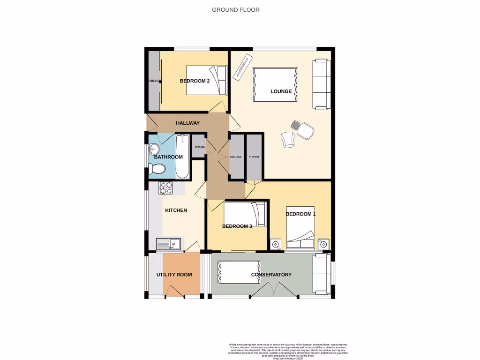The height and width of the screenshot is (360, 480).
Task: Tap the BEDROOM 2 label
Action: (195, 81)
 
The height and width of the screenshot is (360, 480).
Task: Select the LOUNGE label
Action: (281, 91)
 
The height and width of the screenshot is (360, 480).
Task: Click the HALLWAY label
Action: (187, 123)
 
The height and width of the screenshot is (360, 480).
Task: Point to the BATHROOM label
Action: (168, 157)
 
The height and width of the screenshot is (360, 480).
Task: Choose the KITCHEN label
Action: (176, 210)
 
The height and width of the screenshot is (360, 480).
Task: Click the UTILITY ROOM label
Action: (174, 275)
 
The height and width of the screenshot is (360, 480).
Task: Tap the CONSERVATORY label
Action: (271, 275)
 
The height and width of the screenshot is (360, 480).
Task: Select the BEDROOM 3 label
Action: (237, 226)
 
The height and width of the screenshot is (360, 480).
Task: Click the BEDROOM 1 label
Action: (300, 214)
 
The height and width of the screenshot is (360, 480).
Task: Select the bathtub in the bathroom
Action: (182, 156)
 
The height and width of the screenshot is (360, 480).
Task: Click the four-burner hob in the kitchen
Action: (166, 187)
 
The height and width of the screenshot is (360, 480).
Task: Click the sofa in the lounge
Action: (322, 84)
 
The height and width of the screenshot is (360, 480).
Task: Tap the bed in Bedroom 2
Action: (206, 80)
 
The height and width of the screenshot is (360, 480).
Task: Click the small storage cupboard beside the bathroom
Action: (199, 146)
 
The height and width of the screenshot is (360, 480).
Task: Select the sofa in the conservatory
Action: (322, 275)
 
